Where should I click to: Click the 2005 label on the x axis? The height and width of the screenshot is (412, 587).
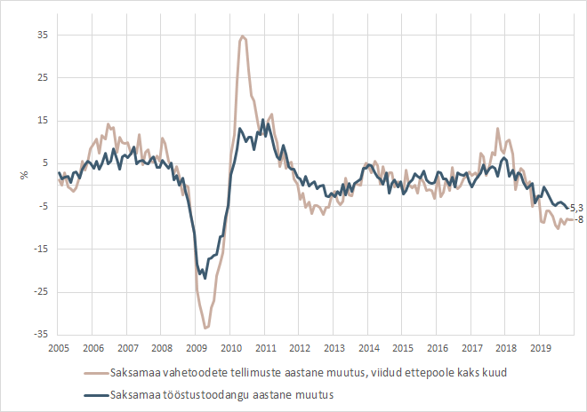click(x=59, y=348)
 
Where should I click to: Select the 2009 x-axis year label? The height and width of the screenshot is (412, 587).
click(x=196, y=348)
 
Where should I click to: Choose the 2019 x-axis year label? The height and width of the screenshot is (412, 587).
click(x=539, y=348)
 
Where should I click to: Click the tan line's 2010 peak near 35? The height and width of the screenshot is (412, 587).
click(x=243, y=36)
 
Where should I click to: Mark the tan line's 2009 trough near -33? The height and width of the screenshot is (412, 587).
click(x=206, y=328)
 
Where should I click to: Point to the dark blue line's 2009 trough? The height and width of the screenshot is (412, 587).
click(x=205, y=278)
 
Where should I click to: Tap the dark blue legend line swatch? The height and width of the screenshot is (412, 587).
click(x=94, y=394)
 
